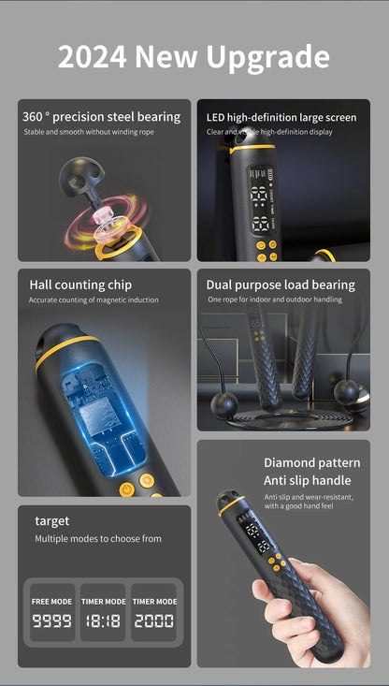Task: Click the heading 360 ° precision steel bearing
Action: click(x=102, y=117)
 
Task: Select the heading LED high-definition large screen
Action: click(x=281, y=117)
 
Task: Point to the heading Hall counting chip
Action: click(x=80, y=285)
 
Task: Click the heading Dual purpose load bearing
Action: click(x=281, y=285)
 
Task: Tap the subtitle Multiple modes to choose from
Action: click(x=98, y=539)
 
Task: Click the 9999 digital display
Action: click(x=52, y=620)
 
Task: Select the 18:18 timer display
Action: click(x=102, y=620)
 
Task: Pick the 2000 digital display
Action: click(x=154, y=620)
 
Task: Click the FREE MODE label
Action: click(x=52, y=602)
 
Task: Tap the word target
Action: click(x=52, y=520)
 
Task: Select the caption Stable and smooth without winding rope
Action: click(x=88, y=132)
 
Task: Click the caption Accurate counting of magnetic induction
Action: click(x=94, y=300)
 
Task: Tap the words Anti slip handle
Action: click(x=308, y=480)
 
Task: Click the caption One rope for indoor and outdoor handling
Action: click(x=275, y=299)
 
